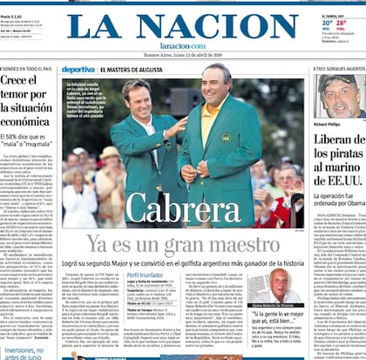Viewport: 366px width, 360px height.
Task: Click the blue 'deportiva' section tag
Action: pos(78,69)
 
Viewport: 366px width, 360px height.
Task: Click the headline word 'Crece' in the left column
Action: pos(21,81)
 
